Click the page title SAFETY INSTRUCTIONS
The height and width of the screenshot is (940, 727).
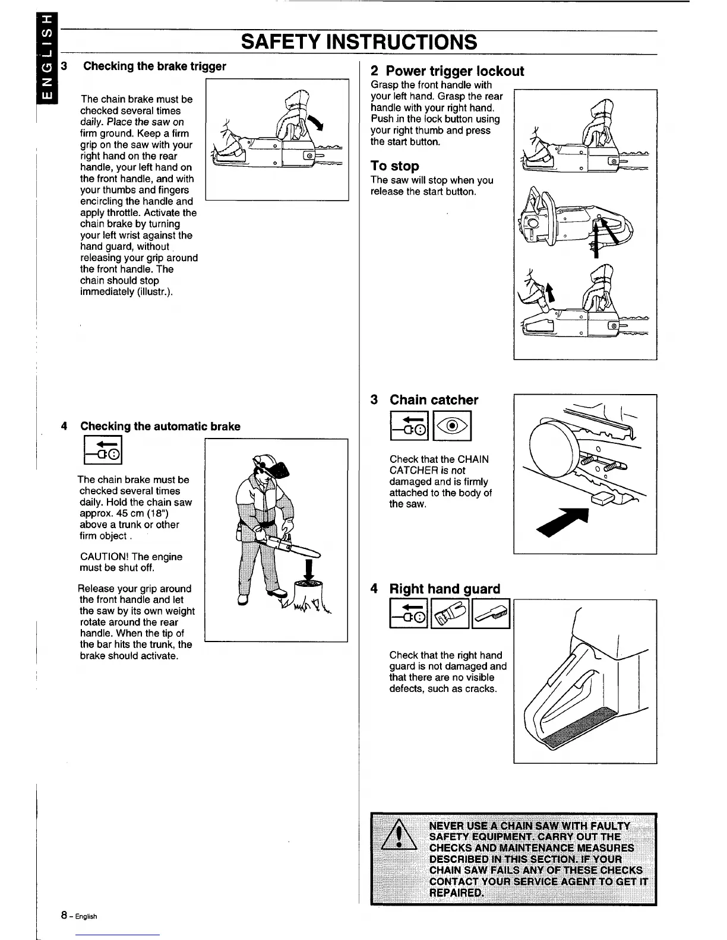tap(359, 42)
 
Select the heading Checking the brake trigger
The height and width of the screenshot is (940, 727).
tap(154, 66)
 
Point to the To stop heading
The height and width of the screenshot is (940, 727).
tap(395, 166)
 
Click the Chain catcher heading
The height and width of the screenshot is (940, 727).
tap(434, 400)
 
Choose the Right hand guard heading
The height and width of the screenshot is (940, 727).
tap(444, 589)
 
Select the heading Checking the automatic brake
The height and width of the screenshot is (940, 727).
tap(160, 426)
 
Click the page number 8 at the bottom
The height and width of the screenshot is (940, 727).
tap(63, 915)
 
